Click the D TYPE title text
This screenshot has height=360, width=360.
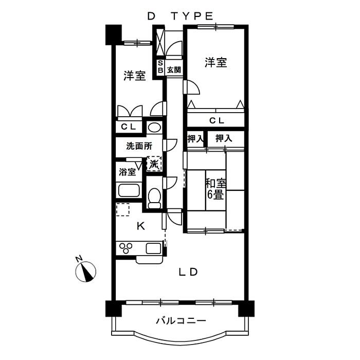(x=180, y=16)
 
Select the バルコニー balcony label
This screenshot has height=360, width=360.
(x=181, y=321)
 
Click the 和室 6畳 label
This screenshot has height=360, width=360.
(x=216, y=189)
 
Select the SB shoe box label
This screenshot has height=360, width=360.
(x=160, y=66)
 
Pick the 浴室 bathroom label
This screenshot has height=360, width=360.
(x=127, y=172)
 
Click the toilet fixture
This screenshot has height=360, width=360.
(x=154, y=197)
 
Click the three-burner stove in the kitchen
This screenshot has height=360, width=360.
(x=127, y=248)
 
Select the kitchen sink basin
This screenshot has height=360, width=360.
(x=154, y=248)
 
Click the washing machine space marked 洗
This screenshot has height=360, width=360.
(x=154, y=164)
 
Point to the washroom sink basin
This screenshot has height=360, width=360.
(x=154, y=128)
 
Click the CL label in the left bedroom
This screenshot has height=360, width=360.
(x=128, y=127)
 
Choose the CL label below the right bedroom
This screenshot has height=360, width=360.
(x=216, y=121)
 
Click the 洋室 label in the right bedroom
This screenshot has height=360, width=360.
(x=216, y=63)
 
